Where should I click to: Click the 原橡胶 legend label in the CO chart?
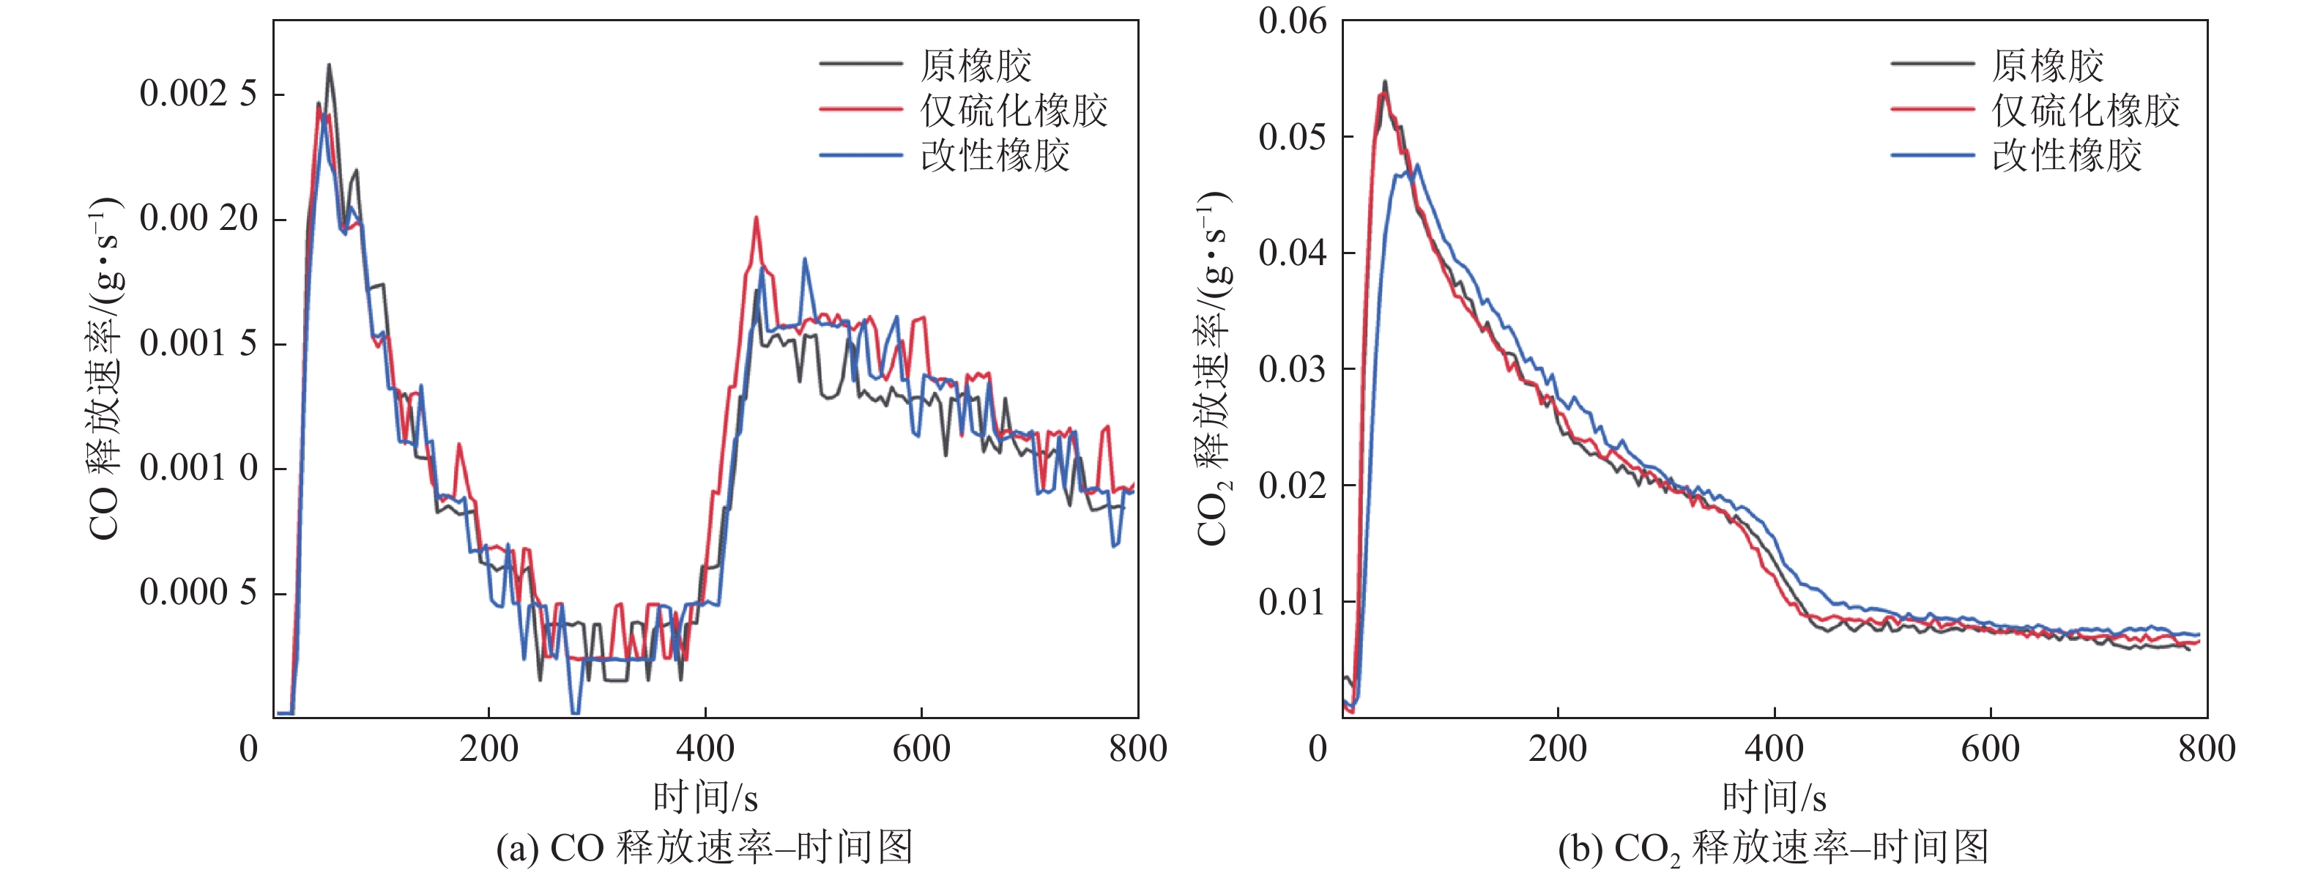[976, 65]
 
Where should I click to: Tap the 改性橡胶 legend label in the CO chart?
[995, 156]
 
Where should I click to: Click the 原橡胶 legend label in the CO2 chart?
[2046, 65]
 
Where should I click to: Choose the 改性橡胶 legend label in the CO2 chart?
[2066, 156]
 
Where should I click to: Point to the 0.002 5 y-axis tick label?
[198, 94]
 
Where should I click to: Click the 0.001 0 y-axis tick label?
[198, 468]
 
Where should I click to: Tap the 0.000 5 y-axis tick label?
[198, 592]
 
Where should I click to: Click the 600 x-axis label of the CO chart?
[921, 748]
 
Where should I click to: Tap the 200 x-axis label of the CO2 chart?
[1557, 748]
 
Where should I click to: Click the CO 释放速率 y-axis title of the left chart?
[105, 368]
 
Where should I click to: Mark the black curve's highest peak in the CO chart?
[329, 64]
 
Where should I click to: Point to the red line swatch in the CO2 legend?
[1932, 110]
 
